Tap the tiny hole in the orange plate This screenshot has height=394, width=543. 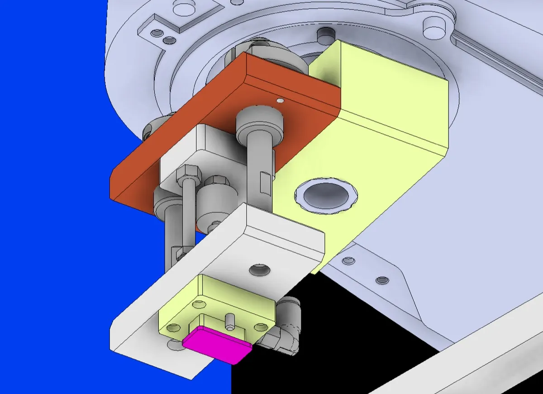[x=280, y=100]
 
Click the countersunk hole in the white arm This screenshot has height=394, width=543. [x=260, y=270]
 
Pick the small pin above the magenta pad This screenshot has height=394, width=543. [x=229, y=321]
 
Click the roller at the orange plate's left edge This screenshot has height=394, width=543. [x=152, y=129]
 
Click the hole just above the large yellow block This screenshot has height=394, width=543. [x=325, y=34]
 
